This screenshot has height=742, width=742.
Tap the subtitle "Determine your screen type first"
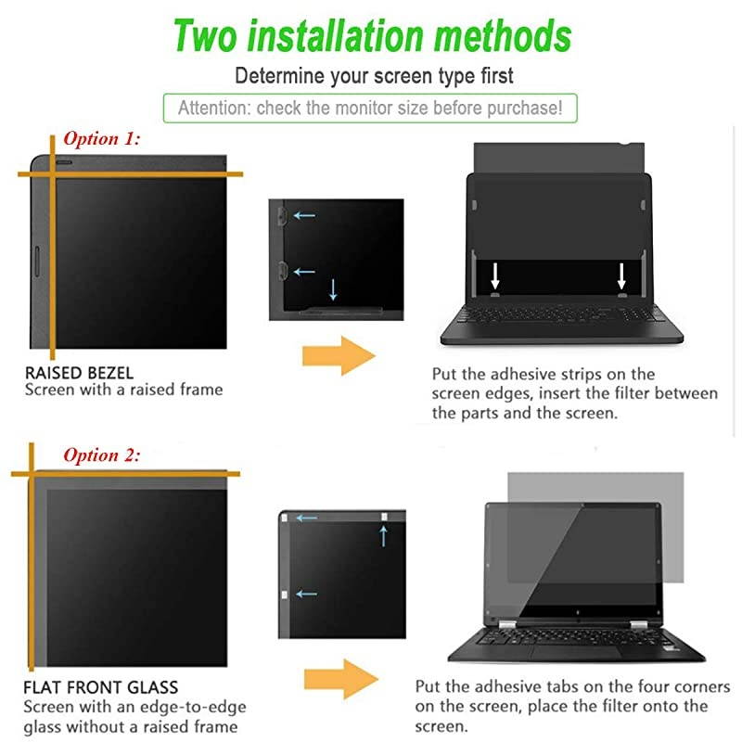[374, 75]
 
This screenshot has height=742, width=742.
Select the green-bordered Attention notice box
[370, 108]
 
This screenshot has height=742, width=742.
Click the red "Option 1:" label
[101, 139]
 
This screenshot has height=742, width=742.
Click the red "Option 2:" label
[101, 455]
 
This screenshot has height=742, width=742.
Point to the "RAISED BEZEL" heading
[79, 373]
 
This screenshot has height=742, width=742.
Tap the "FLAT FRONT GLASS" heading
[101, 688]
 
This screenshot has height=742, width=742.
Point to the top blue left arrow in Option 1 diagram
[304, 216]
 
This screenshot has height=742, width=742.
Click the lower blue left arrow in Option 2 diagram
[306, 594]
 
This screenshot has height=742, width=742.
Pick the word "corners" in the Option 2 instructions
[705, 687]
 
